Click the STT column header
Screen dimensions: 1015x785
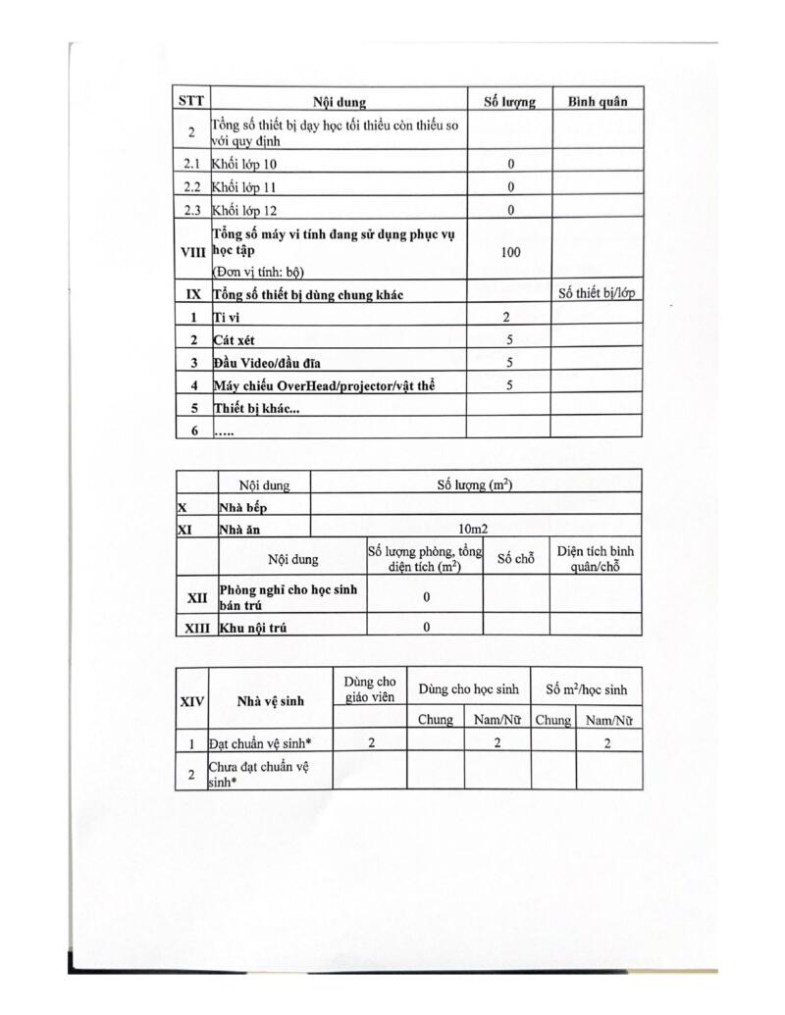[191, 100]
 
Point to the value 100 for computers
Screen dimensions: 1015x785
[510, 252]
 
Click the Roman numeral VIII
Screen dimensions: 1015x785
[192, 252]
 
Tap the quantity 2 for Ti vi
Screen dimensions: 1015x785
[507, 317]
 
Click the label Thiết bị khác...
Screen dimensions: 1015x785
[258, 408]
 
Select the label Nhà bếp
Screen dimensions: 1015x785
[242, 507]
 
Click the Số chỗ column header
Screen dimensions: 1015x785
[515, 559]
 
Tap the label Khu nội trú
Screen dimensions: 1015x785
[252, 626]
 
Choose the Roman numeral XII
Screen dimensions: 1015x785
[197, 595]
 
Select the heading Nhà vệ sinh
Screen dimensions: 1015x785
[270, 700]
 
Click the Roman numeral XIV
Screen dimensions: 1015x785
[191, 701]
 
